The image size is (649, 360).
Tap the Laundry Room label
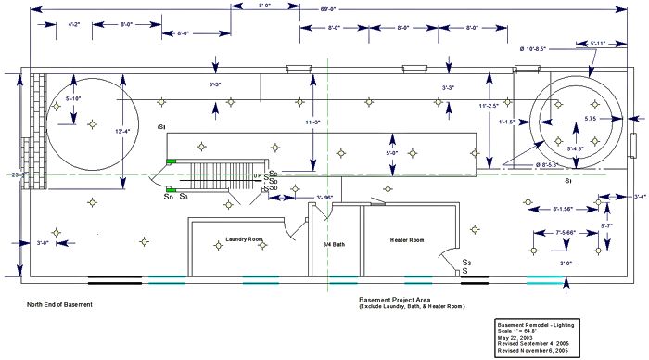245,239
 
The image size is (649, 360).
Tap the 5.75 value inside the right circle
591,119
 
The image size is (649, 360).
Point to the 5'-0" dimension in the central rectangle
391,152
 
